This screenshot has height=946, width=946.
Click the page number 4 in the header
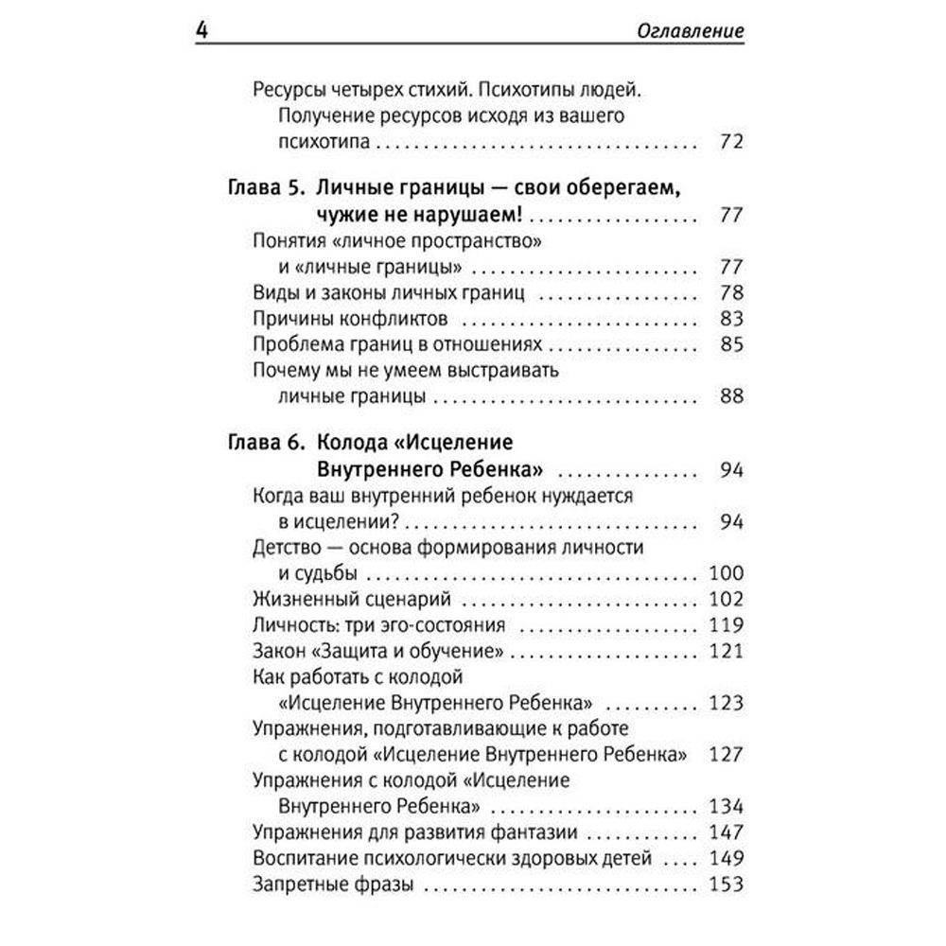click(200, 32)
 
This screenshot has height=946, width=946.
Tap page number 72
click(730, 144)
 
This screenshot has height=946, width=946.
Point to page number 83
click(731, 318)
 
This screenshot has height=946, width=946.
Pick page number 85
click(731, 344)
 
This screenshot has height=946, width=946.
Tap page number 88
click(731, 395)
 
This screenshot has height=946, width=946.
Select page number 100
click(726, 573)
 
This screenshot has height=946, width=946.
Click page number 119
click(726, 625)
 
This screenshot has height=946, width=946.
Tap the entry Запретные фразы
click(327, 885)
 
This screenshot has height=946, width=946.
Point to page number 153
click(726, 885)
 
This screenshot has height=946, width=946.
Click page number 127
click(726, 756)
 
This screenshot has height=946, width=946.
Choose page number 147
click(726, 833)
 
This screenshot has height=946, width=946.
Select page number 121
click(726, 652)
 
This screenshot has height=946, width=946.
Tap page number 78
click(731, 291)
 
